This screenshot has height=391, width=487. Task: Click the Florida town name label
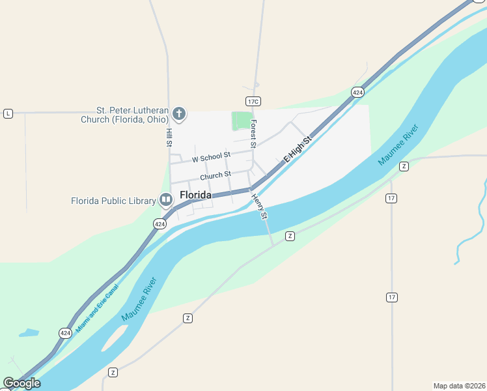pos(195,195)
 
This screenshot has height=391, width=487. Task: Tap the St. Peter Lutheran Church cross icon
pos(179,115)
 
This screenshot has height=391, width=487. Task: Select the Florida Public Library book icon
pos(165,199)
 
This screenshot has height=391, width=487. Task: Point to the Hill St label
pos(169,137)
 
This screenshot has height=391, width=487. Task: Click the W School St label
pos(211,157)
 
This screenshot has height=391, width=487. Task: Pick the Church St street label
pos(216,175)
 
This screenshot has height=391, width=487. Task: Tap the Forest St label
pos(253,132)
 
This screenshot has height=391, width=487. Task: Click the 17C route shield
pos(253,101)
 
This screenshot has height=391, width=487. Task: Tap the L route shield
pos(8,113)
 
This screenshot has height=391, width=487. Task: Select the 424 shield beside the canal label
pos(65,333)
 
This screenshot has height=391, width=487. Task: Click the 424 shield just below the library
pos(160,224)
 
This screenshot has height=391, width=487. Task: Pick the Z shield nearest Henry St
pos(290,235)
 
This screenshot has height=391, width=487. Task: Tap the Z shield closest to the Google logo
pos(113,372)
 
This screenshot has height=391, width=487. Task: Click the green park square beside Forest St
pos(242,120)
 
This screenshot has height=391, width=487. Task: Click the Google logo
pos(21,383)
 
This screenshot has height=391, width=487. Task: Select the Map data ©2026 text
pos(459,386)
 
